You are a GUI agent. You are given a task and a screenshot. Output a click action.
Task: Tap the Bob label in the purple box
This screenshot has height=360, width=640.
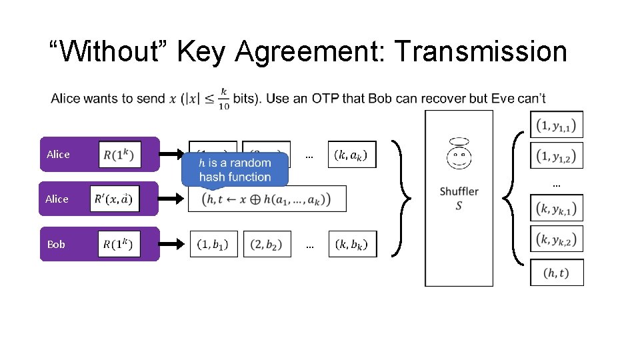click(x=56, y=245)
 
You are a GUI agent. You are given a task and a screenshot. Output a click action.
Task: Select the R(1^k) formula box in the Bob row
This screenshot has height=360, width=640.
click(x=119, y=244)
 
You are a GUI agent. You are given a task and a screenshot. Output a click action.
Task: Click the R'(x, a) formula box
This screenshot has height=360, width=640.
click(x=114, y=199)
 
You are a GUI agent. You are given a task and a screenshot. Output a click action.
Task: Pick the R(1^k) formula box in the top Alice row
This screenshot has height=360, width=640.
click(x=119, y=155)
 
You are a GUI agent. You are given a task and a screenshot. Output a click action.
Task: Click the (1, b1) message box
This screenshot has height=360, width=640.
click(x=213, y=244)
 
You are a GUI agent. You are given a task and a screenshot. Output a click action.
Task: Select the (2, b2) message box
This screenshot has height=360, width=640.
click(x=267, y=244)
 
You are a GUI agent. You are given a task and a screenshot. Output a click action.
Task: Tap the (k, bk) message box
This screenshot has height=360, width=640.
click(x=352, y=244)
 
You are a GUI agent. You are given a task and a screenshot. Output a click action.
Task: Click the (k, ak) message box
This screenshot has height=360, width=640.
click(x=351, y=155)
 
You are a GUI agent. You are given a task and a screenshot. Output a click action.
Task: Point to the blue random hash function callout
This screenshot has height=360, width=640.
click(x=235, y=169)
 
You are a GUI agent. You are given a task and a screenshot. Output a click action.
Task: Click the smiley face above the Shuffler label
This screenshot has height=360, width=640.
click(x=459, y=155)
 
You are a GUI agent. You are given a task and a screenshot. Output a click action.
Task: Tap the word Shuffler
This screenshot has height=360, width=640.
click(x=459, y=191)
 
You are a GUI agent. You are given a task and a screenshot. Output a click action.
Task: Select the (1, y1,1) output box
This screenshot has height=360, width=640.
click(x=557, y=124)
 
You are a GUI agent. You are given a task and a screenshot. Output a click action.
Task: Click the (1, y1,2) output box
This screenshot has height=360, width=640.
click(x=557, y=155)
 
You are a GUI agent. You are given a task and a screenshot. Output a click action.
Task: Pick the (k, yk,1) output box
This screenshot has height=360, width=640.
click(x=557, y=208)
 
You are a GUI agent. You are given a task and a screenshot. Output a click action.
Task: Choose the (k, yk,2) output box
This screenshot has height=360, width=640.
click(x=557, y=239)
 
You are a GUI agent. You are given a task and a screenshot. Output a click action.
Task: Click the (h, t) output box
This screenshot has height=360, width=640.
click(x=557, y=272)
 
